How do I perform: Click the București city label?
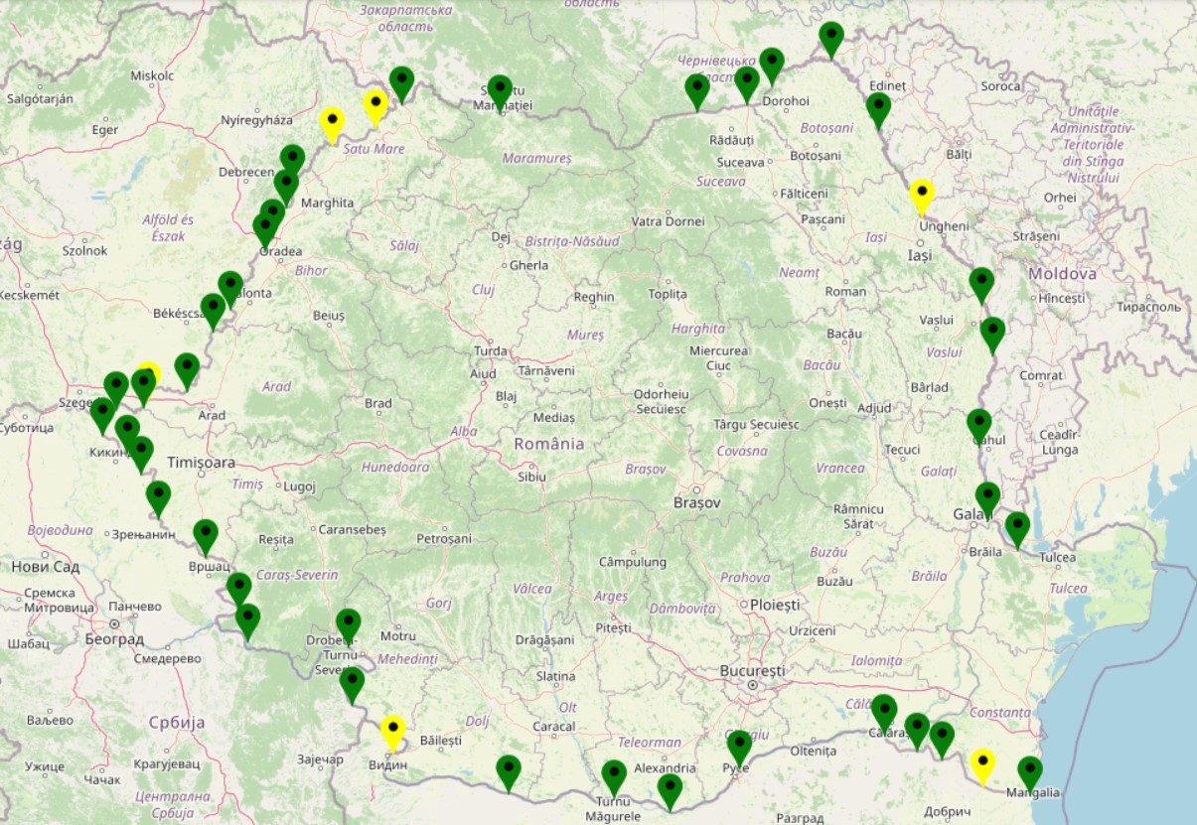[753, 671]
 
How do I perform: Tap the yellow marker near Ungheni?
[922, 196]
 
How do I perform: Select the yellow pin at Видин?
[393, 733]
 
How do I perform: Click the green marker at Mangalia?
[1029, 771]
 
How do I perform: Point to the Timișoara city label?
[202, 463]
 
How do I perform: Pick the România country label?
[549, 444]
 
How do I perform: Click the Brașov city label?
[696, 503]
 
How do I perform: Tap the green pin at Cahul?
[978, 425]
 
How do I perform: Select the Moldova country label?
[1062, 273]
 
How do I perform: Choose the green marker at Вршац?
[205, 535]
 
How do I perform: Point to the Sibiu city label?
[531, 477]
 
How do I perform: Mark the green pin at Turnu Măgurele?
[614, 776]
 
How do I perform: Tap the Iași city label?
[919, 255]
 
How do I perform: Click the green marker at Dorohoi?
[772, 65]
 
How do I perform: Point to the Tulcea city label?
[1057, 557]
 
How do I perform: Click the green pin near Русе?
[738, 747]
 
